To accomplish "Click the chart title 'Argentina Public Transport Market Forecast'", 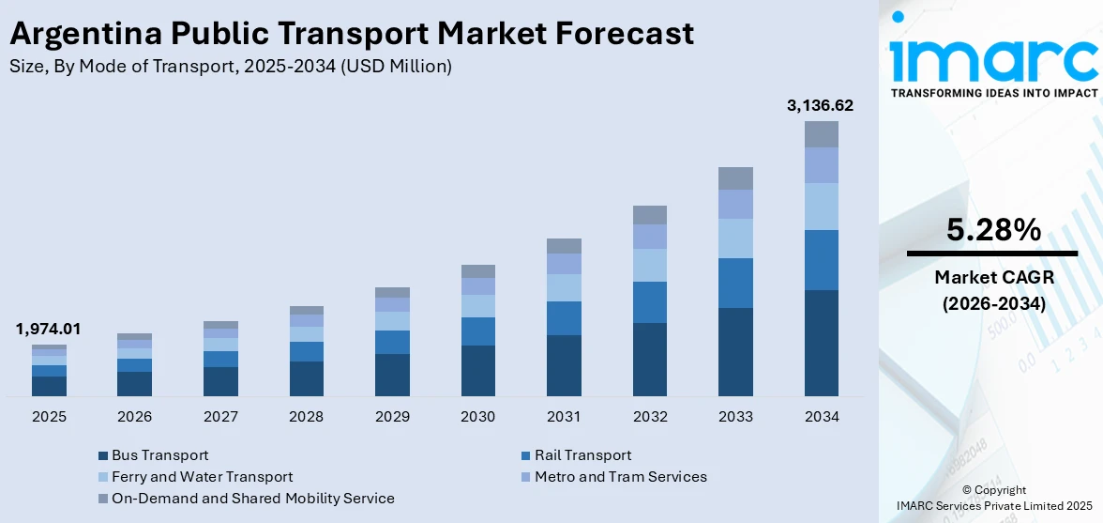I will click(x=352, y=34).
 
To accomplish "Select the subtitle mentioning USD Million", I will click(x=231, y=66).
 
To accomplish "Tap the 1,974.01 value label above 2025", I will click(x=48, y=329).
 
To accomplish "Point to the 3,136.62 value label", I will click(x=820, y=105).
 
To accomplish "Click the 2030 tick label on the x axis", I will click(x=477, y=416).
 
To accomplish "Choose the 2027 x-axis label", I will click(x=220, y=416).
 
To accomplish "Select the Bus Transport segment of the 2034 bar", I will click(x=821, y=343).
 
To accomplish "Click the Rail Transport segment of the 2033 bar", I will click(x=735, y=283).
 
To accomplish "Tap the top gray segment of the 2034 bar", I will click(x=821, y=134).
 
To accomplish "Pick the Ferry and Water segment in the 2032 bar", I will click(x=649, y=265).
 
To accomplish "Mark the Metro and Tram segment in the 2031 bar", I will click(x=564, y=264).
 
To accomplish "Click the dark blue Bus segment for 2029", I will click(x=392, y=375).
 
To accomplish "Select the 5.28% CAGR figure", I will click(x=993, y=230).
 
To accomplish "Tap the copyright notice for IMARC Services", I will click(x=993, y=498).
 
